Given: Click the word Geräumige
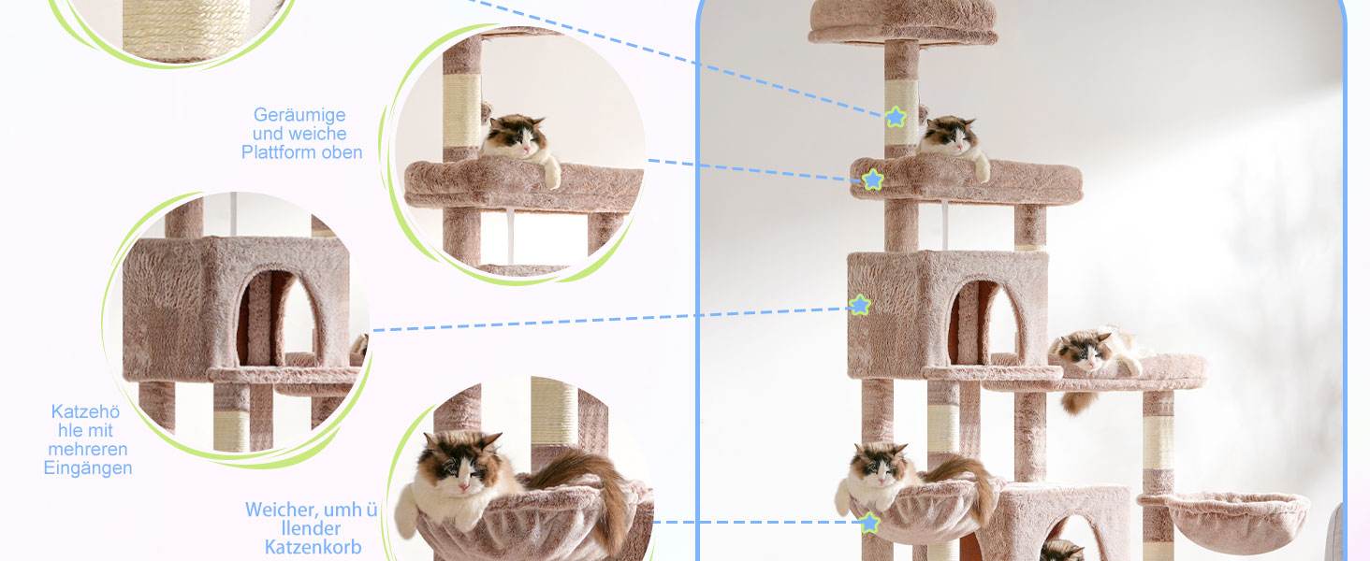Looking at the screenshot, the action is pos(299,116).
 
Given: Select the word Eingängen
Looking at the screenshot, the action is pos(88,468).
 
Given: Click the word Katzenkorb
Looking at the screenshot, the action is pos(313,547).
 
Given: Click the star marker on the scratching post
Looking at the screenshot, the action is pos(896,117).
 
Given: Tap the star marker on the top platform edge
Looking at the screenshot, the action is pos(873,180).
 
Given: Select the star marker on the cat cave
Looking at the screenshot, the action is pos(859,304).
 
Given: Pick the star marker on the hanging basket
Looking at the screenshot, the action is pos(869,523).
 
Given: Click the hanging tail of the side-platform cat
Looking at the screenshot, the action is pos(1079,402).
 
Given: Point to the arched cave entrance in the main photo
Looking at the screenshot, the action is pos(984,324).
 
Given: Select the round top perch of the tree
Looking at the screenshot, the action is pos(903,22).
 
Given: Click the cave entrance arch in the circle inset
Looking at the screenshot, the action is pos(278,319).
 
